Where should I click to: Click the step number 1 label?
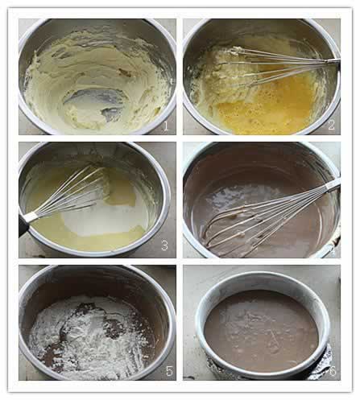point(166,126)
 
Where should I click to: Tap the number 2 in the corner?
point(332,125)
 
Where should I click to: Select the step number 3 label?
point(164,245)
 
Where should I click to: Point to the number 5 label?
point(169,371)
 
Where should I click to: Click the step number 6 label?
point(333,371)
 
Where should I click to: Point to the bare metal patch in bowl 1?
point(95,103)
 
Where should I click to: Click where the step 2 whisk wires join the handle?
point(329,61)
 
